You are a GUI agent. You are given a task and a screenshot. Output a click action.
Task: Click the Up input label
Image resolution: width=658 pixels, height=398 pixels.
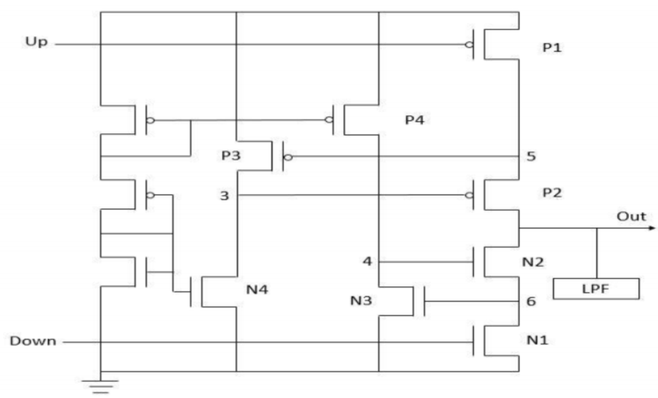[36, 42]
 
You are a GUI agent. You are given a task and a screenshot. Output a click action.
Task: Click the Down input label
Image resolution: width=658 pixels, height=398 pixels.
[33, 340]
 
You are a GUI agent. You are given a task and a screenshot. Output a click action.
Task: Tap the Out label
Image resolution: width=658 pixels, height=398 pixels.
[631, 216]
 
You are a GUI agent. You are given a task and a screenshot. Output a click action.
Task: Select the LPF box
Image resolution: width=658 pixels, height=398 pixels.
[596, 289]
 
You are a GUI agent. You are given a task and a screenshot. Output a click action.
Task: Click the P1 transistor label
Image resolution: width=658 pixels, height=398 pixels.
[552, 48]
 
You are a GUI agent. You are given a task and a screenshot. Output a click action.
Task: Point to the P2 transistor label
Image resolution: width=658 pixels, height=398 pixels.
[552, 193]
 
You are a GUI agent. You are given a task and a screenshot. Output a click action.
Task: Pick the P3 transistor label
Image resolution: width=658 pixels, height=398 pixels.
[231, 156]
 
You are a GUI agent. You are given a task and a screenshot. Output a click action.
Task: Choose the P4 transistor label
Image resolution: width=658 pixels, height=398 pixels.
[415, 120]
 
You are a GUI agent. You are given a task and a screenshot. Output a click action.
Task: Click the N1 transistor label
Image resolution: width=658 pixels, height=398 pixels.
[538, 340]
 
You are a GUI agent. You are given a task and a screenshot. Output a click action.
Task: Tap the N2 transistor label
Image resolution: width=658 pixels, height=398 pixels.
[533, 262]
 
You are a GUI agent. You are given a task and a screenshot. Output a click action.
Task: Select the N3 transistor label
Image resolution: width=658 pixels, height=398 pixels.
[361, 301]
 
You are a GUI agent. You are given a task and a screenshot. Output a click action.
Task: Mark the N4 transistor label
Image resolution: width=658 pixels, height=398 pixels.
[258, 289]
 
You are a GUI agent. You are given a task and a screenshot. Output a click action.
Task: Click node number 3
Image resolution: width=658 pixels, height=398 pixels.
[225, 196]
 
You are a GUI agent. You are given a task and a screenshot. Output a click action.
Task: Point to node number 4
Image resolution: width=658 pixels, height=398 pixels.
[368, 262]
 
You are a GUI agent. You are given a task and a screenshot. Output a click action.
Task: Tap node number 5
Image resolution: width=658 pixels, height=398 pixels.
[531, 156]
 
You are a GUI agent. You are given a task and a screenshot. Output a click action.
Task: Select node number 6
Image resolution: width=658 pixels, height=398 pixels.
[531, 301]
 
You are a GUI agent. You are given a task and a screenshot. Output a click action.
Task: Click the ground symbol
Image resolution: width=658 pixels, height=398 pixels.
[101, 386]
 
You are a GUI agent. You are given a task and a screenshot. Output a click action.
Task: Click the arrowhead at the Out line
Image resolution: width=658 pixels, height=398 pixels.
[652, 228]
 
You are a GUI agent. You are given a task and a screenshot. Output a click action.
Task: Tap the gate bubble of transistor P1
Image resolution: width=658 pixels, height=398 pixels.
[469, 45]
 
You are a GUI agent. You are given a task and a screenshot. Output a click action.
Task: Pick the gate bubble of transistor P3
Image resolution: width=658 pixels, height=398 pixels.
[288, 157]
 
